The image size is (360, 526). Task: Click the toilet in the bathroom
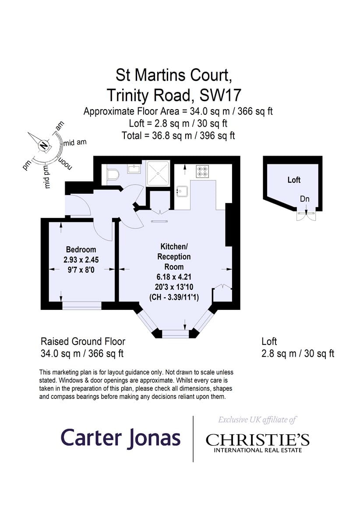click(x=113, y=174)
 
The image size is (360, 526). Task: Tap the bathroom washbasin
click(x=134, y=169)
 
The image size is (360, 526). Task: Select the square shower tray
click(x=158, y=173)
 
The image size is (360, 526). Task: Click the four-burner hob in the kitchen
click(x=202, y=172)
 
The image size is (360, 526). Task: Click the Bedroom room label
click(x=81, y=249)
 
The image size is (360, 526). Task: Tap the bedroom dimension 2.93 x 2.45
click(x=81, y=259)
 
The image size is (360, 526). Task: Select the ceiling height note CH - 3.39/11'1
click(x=174, y=298)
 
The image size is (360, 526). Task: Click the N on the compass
click(x=43, y=146)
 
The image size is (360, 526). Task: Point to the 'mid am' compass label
click(x=75, y=142)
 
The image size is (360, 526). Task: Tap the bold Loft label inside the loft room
click(x=294, y=180)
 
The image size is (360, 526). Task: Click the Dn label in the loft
click(x=305, y=199)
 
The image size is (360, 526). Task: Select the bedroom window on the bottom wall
click(x=81, y=306)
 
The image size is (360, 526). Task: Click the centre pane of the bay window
click(x=175, y=334)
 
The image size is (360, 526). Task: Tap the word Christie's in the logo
click(x=258, y=440)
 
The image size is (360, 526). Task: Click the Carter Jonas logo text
click(x=120, y=438)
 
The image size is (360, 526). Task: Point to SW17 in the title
click(x=220, y=95)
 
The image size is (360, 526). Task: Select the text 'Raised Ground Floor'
click(x=83, y=341)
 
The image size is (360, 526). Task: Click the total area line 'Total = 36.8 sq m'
click(x=178, y=135)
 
